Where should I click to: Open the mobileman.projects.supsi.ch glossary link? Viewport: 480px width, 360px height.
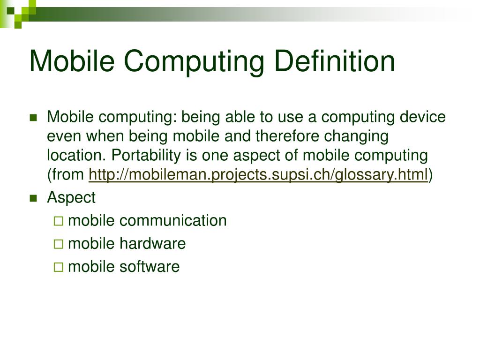(x=258, y=175)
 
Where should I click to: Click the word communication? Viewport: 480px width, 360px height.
(x=173, y=220)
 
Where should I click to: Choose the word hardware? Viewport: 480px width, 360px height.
(x=152, y=244)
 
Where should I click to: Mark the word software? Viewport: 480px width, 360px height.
(x=149, y=267)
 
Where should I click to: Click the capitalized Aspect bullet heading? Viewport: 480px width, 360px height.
(x=71, y=198)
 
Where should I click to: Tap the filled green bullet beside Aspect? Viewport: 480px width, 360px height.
(x=33, y=198)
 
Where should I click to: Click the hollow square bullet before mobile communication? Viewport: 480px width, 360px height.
(x=58, y=221)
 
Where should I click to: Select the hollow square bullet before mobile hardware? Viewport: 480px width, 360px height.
(x=58, y=244)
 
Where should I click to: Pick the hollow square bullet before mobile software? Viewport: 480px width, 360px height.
(x=58, y=267)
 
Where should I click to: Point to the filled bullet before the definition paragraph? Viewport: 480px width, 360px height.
(x=33, y=117)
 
